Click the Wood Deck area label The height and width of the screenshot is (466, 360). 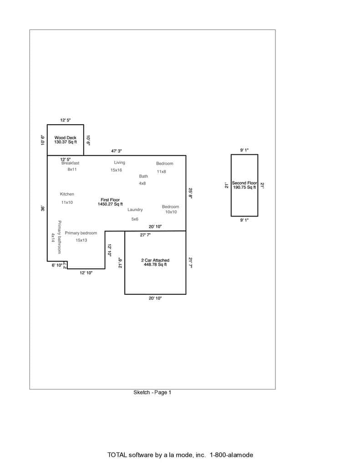(x=66, y=140)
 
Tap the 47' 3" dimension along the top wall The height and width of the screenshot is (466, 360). (x=116, y=151)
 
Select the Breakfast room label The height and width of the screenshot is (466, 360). (x=71, y=163)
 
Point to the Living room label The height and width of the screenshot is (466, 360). (x=120, y=162)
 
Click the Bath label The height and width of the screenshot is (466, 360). (x=143, y=176)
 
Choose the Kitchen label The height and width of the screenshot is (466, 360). (x=67, y=194)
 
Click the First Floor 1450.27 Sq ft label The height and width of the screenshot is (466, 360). (x=110, y=202)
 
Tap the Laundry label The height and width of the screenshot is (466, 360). (x=135, y=209)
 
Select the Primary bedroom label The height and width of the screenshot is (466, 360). (x=81, y=233)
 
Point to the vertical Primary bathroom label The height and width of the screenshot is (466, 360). (x=60, y=237)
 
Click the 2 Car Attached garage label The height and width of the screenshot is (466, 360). (x=155, y=262)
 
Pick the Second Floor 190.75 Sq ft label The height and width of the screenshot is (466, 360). (x=244, y=185)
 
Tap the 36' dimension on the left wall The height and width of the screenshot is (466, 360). (x=43, y=208)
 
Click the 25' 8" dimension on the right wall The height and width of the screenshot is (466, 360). (x=190, y=193)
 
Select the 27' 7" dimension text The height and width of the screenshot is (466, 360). (x=145, y=235)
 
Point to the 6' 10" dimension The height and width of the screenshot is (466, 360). (x=57, y=265)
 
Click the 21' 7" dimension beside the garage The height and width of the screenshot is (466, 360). (x=190, y=263)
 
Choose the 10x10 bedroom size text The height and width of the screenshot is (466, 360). (x=171, y=212)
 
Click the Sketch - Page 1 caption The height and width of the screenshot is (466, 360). (x=152, y=392)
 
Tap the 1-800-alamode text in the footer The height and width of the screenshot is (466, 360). (x=231, y=455)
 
